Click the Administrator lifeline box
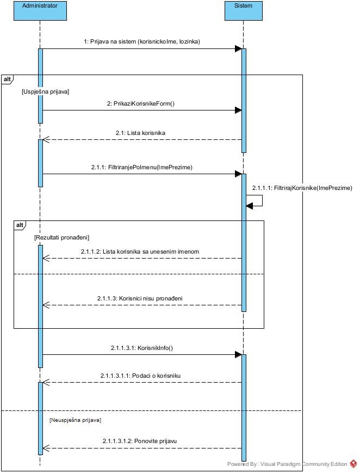point(40,11)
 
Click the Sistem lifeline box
point(243,11)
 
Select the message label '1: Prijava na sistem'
point(142,41)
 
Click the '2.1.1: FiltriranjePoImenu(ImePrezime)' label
point(141,167)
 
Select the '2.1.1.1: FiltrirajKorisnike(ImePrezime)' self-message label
point(302,188)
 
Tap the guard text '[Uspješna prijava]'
point(45,92)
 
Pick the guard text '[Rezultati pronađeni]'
point(61,237)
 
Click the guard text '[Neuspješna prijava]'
point(75,420)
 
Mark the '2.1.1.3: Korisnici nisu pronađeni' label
point(140,298)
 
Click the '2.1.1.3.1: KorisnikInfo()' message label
point(140,348)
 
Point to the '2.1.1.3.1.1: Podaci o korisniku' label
point(140,376)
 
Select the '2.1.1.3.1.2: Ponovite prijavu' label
point(140,441)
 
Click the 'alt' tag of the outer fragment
point(8,79)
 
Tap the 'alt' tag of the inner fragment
point(20,225)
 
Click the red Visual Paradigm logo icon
point(353,464)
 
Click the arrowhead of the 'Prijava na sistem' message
point(238,49)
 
